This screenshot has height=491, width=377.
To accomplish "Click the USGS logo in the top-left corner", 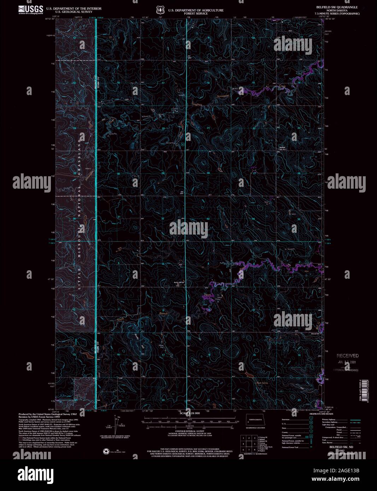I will tap(31, 9).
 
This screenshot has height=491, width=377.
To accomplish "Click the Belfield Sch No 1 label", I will tap(282, 148).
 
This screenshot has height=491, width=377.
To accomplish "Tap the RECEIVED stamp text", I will tap(347, 356).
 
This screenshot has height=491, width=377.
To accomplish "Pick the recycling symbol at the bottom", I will tap(106, 451).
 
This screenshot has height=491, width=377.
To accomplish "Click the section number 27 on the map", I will tap(254, 173).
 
